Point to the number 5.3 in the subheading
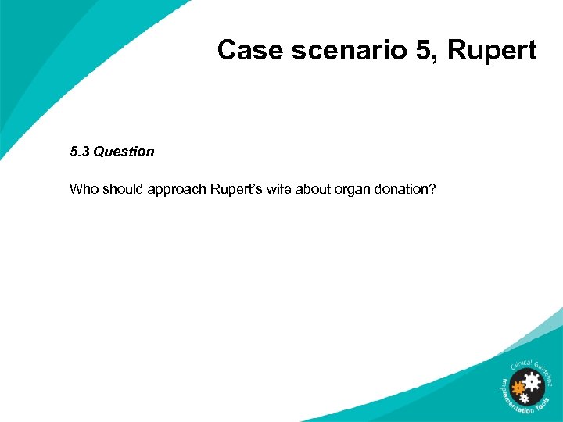click(80, 152)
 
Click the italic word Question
click(124, 152)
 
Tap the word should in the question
click(120, 189)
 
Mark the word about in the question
click(315, 189)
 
